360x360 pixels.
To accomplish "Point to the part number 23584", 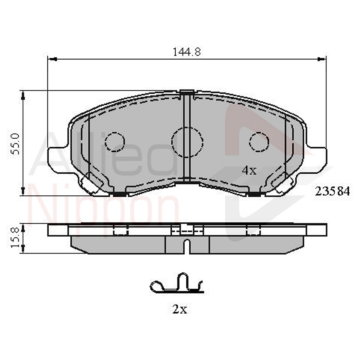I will (x=332, y=191).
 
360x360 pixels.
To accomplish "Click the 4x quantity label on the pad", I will (x=249, y=171).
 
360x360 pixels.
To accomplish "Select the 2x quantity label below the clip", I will (x=180, y=309).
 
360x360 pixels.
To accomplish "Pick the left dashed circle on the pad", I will (x=115, y=141).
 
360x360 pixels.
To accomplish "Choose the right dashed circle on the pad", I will (x=259, y=141).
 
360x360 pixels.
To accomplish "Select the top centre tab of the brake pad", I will (x=187, y=93).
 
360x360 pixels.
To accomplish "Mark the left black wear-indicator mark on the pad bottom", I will (x=118, y=194).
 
